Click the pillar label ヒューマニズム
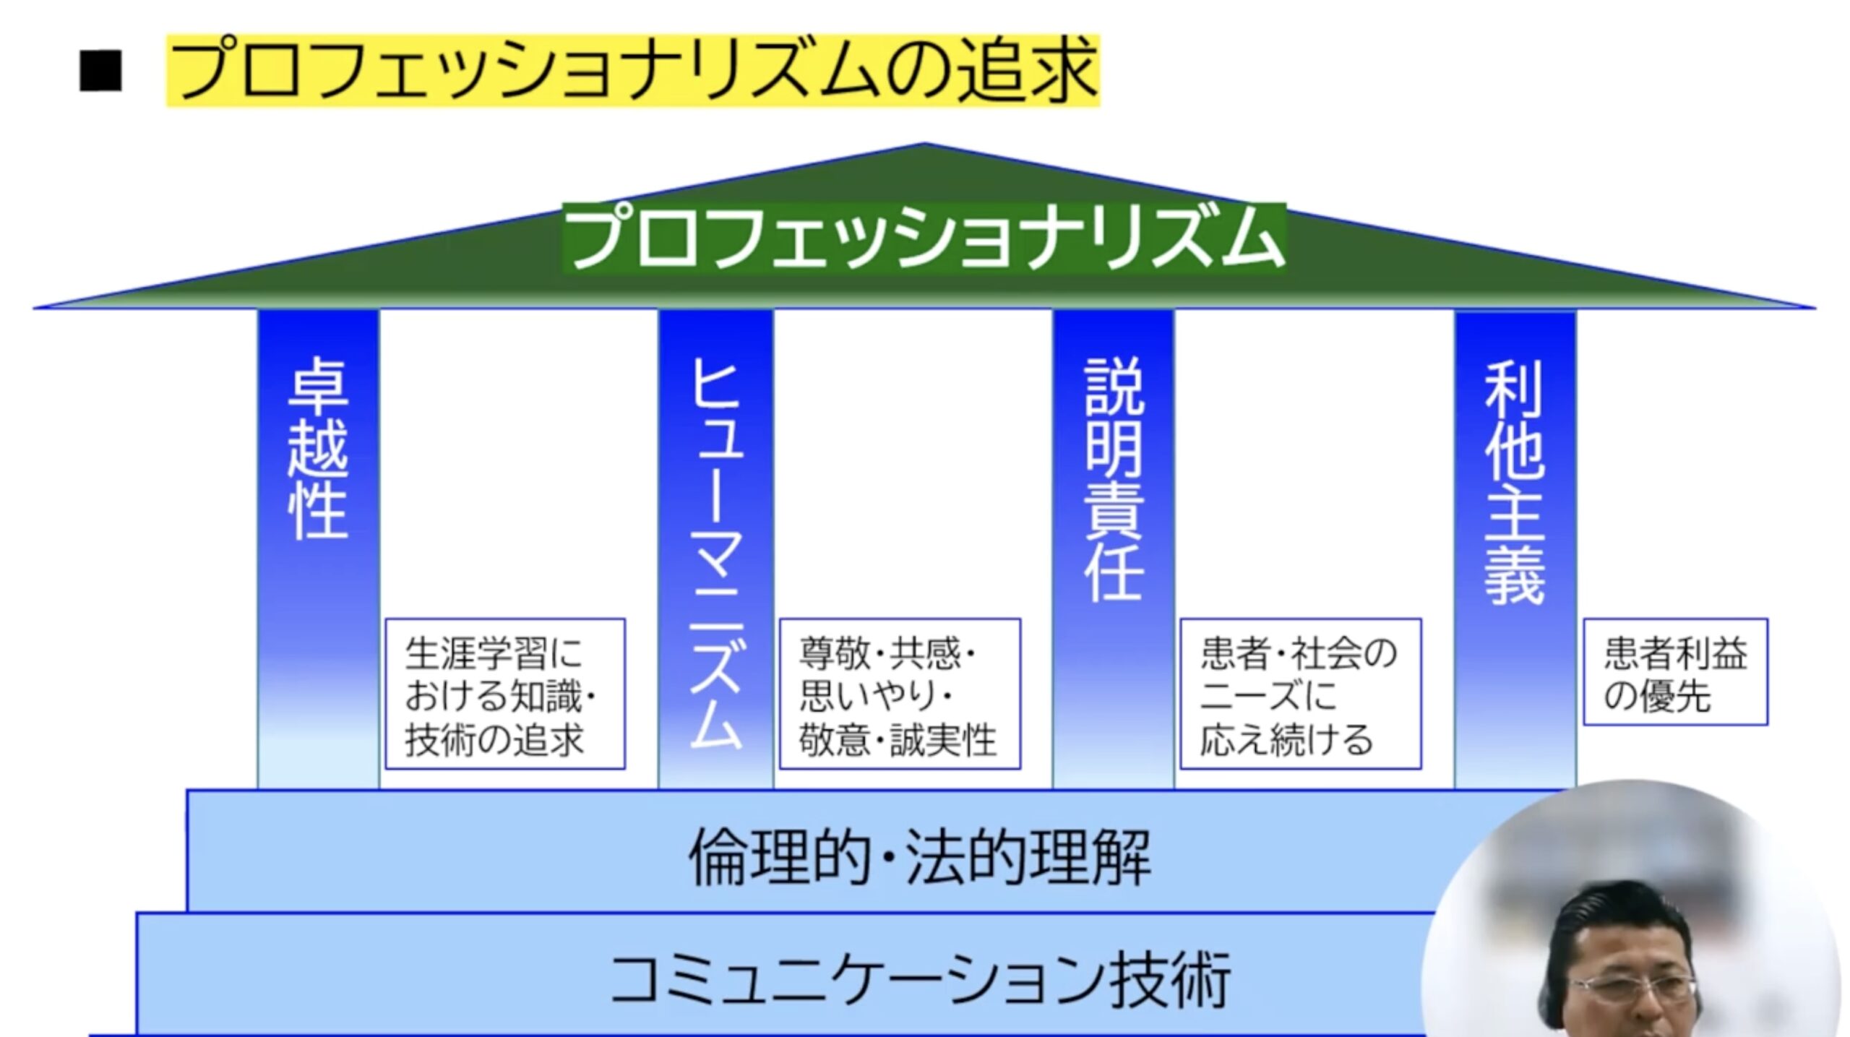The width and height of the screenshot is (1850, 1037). (715, 553)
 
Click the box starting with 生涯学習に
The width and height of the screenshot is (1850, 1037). (504, 694)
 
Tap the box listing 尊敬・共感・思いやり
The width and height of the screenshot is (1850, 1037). (899, 694)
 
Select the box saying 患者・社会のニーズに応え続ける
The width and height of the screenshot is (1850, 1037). (1300, 694)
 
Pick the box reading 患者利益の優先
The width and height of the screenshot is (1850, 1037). (1674, 672)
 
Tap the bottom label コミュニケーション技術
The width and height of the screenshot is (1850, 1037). (919, 979)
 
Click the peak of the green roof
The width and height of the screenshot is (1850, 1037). (924, 147)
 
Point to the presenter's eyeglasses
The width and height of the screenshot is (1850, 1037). (1633, 988)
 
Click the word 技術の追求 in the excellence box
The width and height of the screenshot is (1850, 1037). (494, 739)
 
